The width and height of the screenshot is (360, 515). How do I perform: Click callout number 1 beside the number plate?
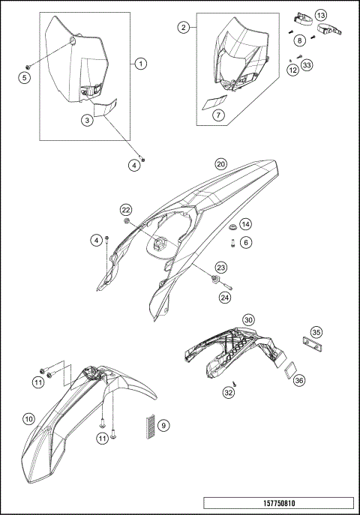141,64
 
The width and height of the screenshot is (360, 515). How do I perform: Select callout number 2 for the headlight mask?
183,28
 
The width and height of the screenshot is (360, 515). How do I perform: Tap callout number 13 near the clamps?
321,15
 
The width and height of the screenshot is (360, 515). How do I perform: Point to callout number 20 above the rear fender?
221,163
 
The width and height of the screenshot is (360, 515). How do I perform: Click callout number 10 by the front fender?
29,419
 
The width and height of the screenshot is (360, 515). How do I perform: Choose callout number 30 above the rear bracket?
249,319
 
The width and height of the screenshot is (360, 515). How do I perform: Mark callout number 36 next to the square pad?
298,380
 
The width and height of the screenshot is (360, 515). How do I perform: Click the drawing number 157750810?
279,503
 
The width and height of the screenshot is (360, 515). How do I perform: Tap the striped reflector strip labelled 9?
150,426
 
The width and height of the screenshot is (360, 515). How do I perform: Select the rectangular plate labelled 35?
311,343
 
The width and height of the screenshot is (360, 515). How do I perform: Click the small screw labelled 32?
235,383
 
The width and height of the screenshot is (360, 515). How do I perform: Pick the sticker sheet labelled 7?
214,102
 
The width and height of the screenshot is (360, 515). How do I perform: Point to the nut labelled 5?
28,67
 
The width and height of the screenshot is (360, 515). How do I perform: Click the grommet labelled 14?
233,227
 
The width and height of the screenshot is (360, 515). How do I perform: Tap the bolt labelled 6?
233,244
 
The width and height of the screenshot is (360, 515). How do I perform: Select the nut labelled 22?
127,220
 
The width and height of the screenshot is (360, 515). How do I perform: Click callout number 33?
307,65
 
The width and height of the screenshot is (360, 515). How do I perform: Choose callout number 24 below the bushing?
225,298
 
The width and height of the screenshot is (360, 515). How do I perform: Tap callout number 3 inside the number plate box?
87,120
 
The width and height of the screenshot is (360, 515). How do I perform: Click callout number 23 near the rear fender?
221,267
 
